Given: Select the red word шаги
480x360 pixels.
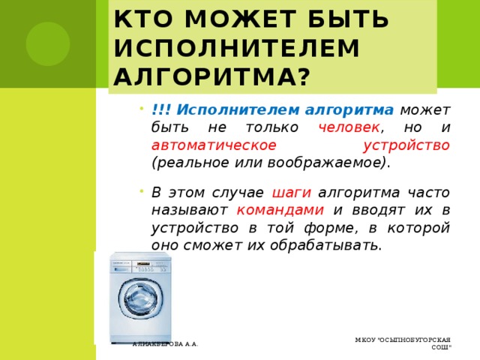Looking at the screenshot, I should click(x=287, y=191).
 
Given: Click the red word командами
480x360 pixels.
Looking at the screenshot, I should click(x=280, y=209).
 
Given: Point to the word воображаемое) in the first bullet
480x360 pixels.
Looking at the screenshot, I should click(x=343, y=162).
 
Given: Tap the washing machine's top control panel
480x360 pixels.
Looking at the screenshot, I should click(x=142, y=264).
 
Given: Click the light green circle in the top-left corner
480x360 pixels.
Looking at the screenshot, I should click(x=48, y=41).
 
